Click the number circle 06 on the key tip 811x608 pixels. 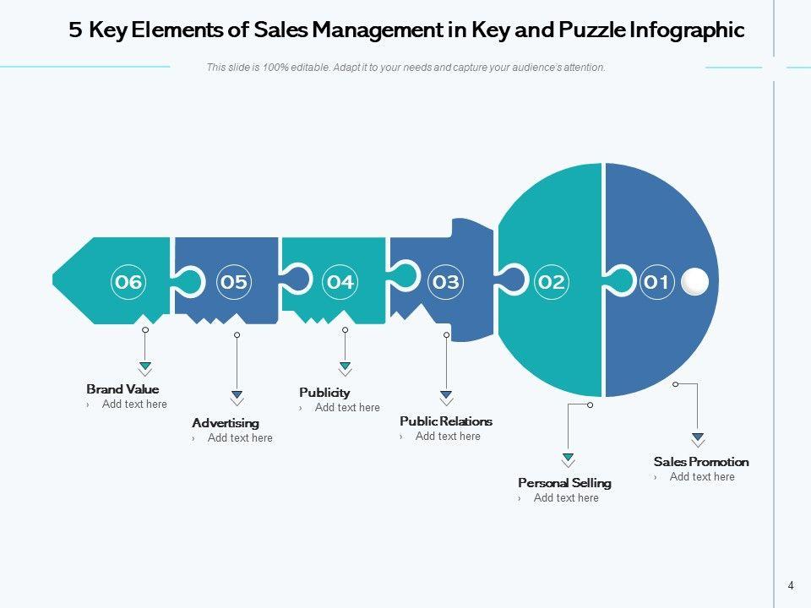tap(128, 282)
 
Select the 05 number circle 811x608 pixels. tap(234, 282)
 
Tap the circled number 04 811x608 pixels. tap(340, 282)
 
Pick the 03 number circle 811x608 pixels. tap(446, 282)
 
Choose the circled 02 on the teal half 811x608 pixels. tap(551, 282)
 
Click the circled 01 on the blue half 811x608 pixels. tap(656, 282)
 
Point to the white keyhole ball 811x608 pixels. tap(694, 281)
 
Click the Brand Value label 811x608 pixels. tap(122, 389)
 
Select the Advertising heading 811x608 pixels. tap(226, 423)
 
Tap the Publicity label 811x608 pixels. tap(324, 393)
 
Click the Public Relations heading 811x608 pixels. tap(446, 421)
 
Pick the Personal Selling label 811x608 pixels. tap(564, 483)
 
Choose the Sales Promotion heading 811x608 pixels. tap(701, 462)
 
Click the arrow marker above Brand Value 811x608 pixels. tap(145, 367)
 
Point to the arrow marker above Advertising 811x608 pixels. tap(237, 396)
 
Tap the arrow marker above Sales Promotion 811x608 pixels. tap(698, 438)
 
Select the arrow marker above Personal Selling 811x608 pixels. tap(569, 459)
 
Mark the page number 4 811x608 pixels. tap(791, 585)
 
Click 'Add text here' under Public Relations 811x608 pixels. tap(448, 437)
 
